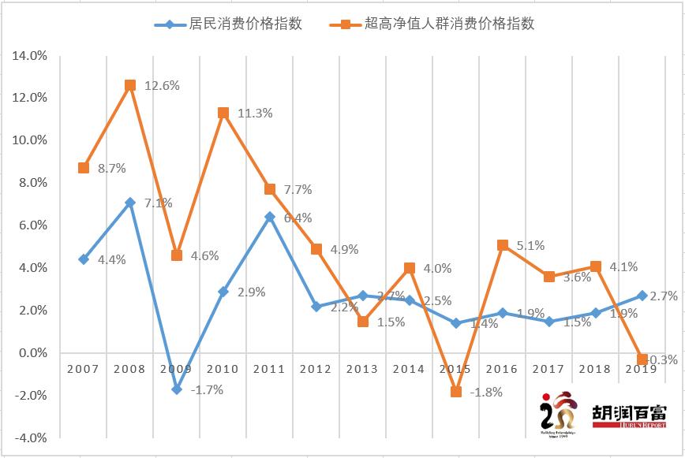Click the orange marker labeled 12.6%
click(130, 85)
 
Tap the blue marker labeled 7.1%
click(130, 203)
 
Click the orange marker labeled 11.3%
click(223, 113)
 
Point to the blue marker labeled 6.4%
click(270, 217)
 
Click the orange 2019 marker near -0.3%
click(642, 359)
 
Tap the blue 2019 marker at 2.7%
click(642, 296)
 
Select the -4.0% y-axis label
click(30, 438)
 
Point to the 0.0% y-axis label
click(32, 353)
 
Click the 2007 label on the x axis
click(84, 369)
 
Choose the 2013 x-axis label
click(363, 369)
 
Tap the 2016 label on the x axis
click(503, 369)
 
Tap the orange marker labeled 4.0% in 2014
click(410, 268)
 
